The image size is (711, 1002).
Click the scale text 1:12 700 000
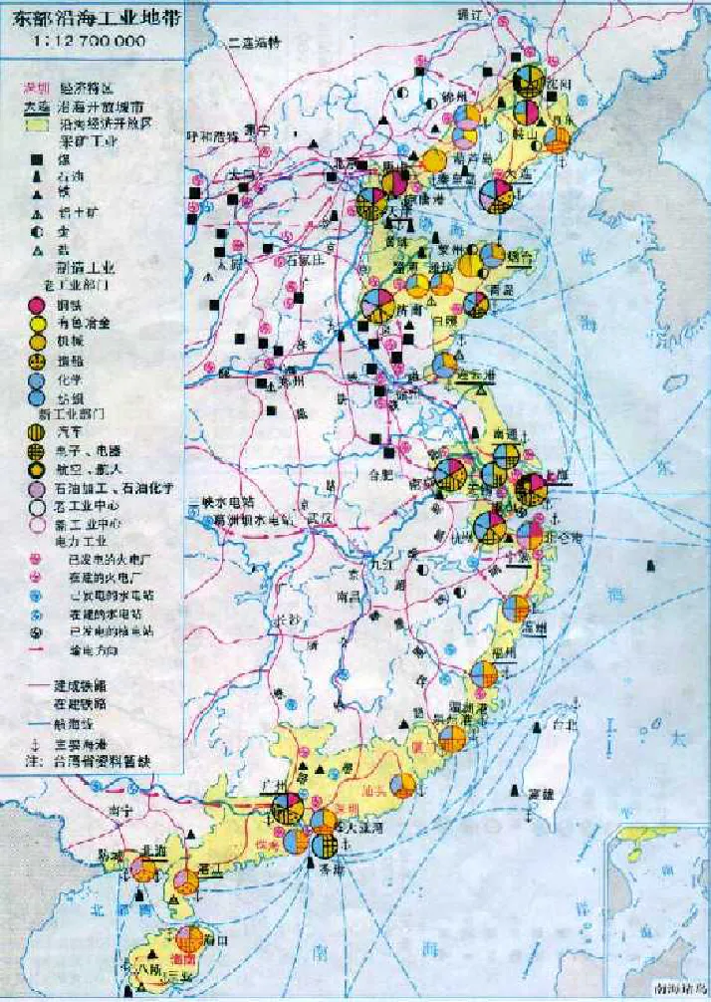coord(88,41)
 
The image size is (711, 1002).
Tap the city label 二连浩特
coord(255,43)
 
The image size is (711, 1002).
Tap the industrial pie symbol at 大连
coord(496,195)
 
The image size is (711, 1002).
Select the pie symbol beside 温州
coord(516,609)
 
